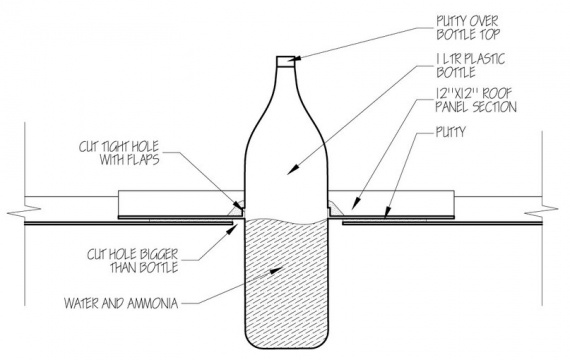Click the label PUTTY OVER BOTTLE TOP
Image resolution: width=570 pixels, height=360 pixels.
467,27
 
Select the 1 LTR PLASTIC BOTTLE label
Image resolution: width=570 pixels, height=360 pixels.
471,65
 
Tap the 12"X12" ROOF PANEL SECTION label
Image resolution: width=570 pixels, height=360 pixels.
476,100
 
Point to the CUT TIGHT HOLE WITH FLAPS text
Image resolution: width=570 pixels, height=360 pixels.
119,153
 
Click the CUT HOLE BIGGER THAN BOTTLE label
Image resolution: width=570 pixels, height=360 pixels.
133,261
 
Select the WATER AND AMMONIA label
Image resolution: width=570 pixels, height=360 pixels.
121,303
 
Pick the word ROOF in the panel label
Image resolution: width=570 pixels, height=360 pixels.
497,94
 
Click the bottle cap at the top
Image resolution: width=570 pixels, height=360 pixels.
286,61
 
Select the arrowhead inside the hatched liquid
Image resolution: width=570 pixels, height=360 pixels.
276,270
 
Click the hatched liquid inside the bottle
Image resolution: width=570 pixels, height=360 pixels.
287,284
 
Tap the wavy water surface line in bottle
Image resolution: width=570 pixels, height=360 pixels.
287,220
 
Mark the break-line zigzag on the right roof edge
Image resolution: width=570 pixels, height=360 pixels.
542,211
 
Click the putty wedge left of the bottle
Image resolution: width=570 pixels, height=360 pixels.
237,209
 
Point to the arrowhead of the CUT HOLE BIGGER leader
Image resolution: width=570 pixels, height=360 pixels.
234,228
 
